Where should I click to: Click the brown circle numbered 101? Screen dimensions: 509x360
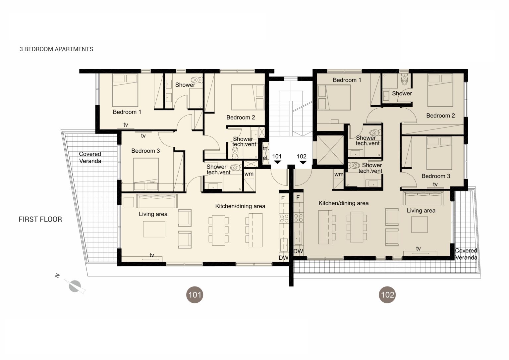tap(195, 294)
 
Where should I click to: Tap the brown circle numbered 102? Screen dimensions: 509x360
tap(387, 294)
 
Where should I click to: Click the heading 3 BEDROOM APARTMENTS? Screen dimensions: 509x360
tap(56, 49)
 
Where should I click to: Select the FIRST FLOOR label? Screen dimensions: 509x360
tap(40, 219)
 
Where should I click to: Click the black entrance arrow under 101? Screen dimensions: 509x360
tap(277, 162)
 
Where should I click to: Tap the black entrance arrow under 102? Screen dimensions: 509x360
tap(303, 162)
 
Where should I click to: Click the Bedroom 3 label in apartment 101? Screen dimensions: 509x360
tap(146, 151)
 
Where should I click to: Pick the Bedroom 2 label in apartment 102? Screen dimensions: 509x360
tap(440, 115)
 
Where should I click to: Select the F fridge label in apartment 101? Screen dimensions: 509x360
tap(283, 198)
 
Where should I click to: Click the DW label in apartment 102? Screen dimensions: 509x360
tap(298, 251)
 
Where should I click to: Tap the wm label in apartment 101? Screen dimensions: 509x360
tap(249, 174)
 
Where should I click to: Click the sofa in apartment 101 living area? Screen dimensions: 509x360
tap(157, 201)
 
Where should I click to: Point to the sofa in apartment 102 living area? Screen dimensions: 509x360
tap(423, 198)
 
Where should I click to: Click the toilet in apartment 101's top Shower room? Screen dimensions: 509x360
tap(197, 80)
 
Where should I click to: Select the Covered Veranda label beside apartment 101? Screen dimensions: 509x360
tap(90, 157)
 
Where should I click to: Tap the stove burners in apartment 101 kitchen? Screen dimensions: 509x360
tap(284, 219)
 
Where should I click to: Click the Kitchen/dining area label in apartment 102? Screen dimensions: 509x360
tap(343, 203)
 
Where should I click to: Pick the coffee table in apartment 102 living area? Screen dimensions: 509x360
tap(419, 224)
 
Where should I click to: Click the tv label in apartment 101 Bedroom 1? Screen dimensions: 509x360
tap(126, 125)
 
